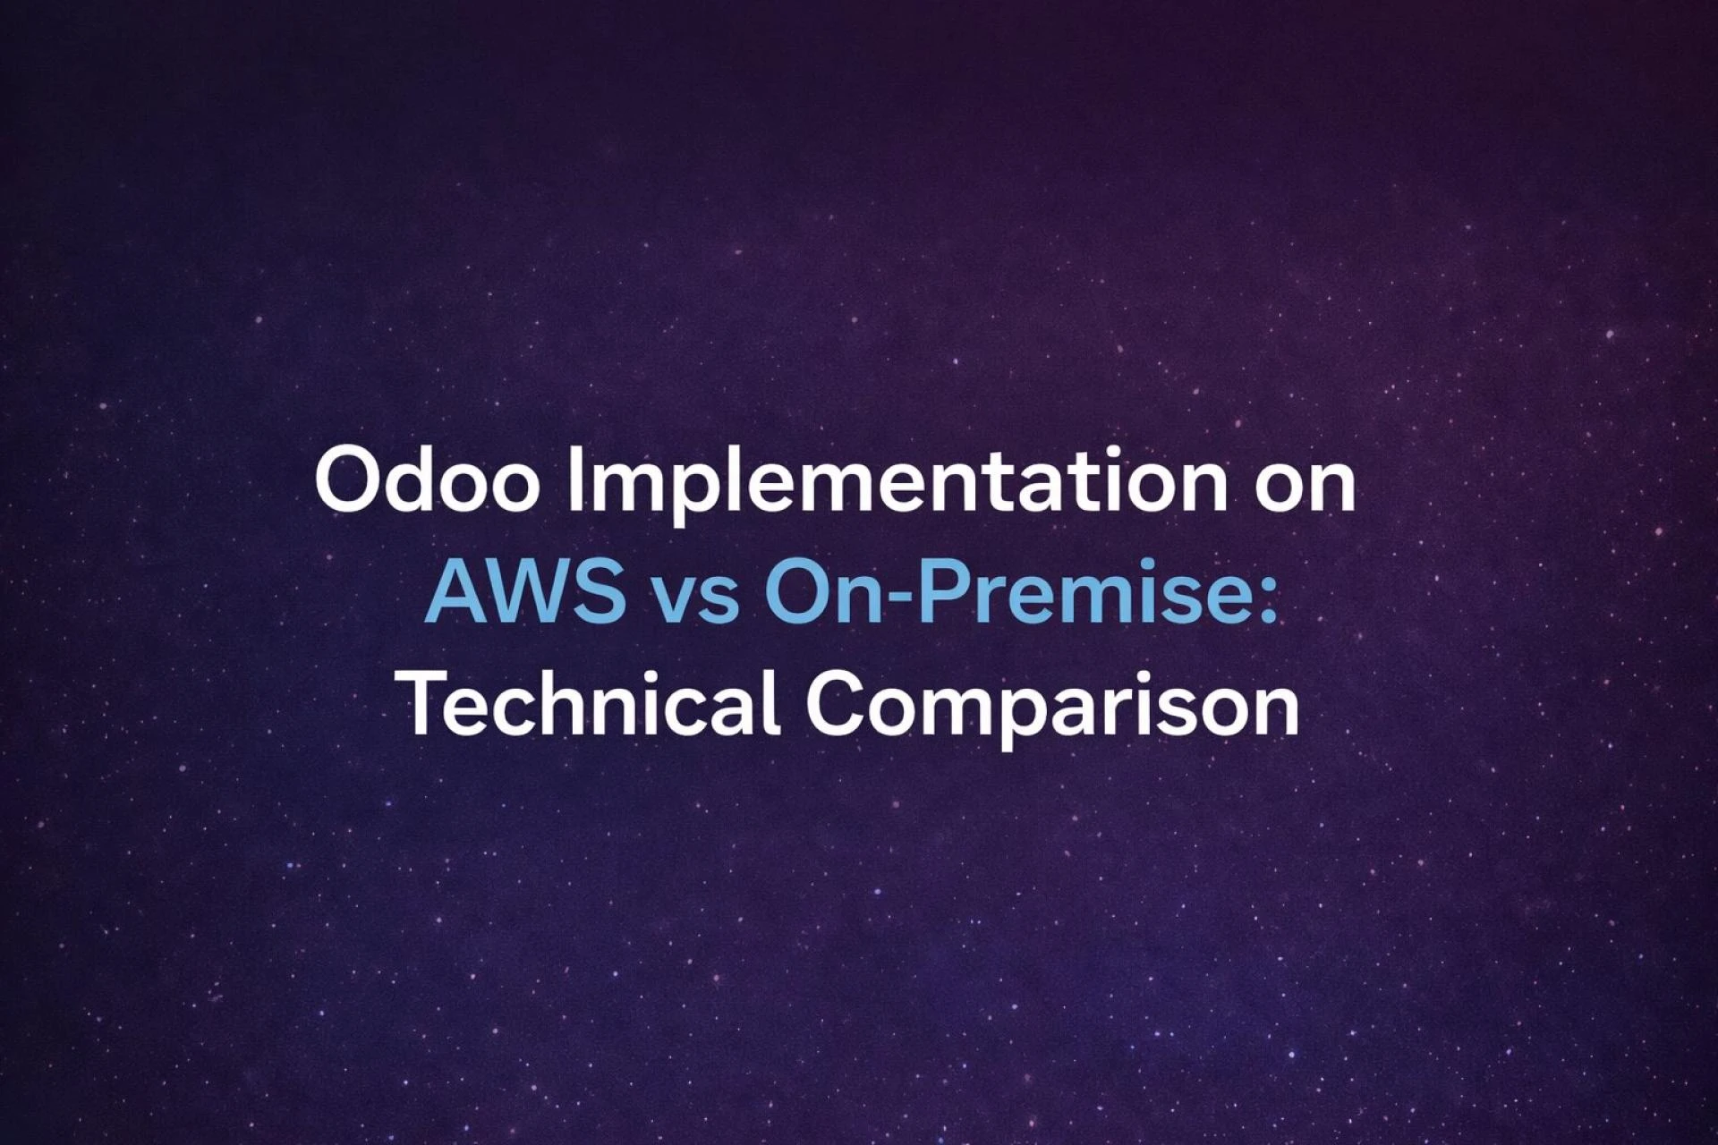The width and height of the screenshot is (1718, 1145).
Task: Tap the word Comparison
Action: (x=1052, y=707)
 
